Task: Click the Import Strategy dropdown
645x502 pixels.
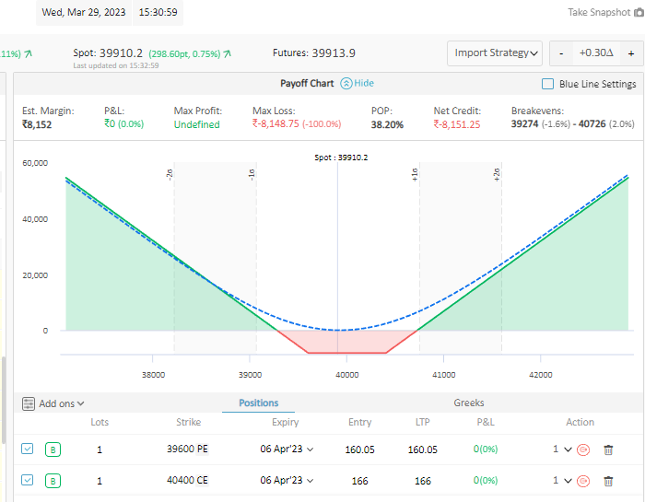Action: pos(495,53)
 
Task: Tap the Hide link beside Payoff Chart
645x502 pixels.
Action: pos(357,83)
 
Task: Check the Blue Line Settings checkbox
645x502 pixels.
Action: pos(548,84)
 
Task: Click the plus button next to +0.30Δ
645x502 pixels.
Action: pos(630,53)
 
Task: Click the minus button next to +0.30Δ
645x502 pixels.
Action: pos(561,53)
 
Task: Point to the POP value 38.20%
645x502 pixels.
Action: pos(387,124)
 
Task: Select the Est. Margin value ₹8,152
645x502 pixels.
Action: pos(38,124)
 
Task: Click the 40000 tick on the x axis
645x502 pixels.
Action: pos(346,375)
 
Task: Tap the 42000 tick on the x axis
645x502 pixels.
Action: pos(541,375)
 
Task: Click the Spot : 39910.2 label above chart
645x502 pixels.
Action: pos(340,158)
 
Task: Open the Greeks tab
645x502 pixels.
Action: pos(468,403)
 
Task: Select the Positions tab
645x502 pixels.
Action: pos(258,403)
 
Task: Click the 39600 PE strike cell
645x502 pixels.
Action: pos(188,449)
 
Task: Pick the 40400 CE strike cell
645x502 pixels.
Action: pos(188,481)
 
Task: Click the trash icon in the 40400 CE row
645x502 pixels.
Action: pos(607,481)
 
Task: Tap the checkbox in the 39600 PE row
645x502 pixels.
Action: pos(28,449)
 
